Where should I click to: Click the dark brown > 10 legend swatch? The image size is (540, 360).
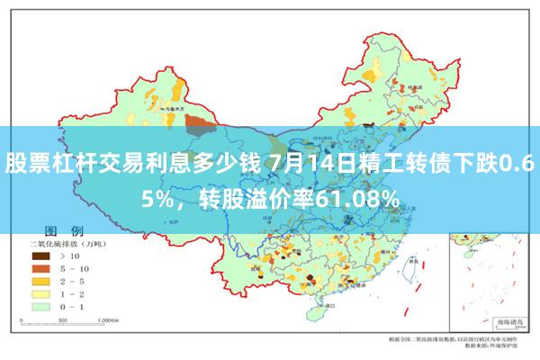pos(40,256)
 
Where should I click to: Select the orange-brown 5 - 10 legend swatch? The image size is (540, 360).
pos(40,268)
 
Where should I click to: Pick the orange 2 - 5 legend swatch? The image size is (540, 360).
pos(40,281)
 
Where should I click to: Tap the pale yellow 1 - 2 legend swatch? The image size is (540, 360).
pos(40,293)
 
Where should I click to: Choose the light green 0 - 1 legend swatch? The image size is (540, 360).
pos(40,306)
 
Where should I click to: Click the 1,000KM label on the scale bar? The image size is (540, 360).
pos(108,319)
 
